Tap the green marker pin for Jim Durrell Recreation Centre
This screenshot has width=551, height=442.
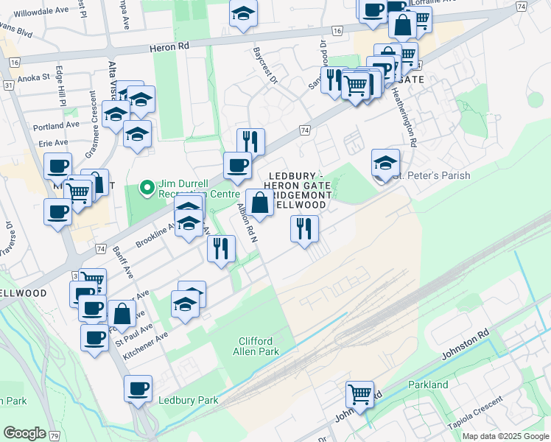pyautogui.click(x=147, y=189)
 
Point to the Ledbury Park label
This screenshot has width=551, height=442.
pyautogui.click(x=189, y=400)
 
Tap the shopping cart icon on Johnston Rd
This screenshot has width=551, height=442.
pyautogui.click(x=359, y=394)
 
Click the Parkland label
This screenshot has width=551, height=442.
pyautogui.click(x=428, y=385)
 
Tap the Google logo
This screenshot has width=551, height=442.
pyautogui.click(x=24, y=432)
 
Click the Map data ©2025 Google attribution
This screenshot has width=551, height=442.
pyautogui.click(x=506, y=436)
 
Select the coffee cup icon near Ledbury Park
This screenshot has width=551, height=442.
pyautogui.click(x=138, y=388)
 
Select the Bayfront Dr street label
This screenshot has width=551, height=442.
pyautogui.click(x=263, y=66)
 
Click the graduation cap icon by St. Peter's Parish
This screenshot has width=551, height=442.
pyautogui.click(x=385, y=162)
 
